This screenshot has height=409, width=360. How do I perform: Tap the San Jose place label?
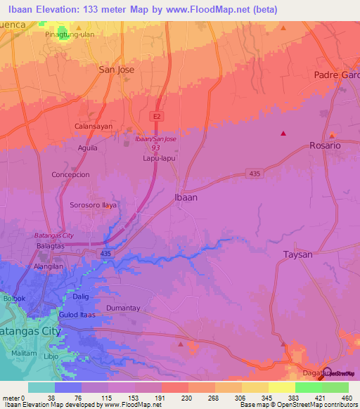tap(116, 70)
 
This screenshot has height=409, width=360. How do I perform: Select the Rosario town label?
tap(325, 145)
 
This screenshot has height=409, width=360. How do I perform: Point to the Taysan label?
tap(297, 254)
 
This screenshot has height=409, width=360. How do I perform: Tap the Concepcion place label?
tap(70, 174)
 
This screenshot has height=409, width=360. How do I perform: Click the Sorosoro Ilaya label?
tap(93, 205)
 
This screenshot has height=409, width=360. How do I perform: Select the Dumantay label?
tap(124, 308)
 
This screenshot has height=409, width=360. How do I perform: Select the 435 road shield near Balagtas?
tap(106, 252)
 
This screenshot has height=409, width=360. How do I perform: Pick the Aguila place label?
tap(88, 148)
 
